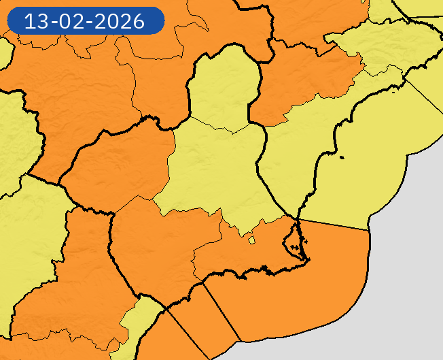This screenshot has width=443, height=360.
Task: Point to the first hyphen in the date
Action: tap(55, 22)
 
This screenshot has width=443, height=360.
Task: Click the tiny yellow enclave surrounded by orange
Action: tap(251, 240)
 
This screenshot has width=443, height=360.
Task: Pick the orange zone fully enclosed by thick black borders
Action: tap(119, 163)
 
